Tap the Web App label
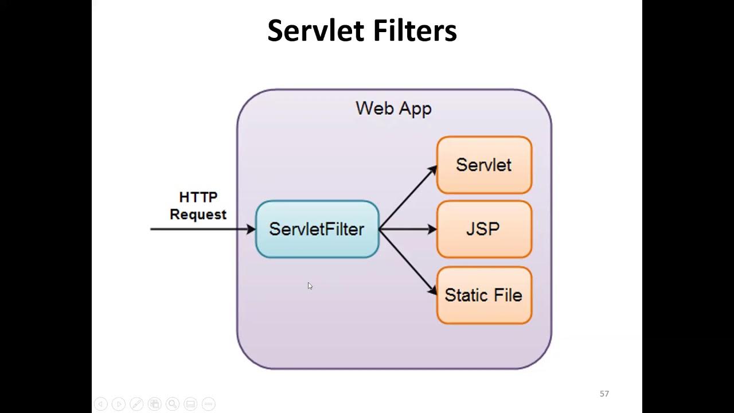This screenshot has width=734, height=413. pos(393,108)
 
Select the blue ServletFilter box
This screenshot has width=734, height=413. pos(317,229)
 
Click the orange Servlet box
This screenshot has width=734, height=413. pos(484,165)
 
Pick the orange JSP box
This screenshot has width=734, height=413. pos(484,229)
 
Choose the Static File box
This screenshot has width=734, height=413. pos(484,295)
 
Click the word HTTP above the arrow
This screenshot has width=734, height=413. pos(198,197)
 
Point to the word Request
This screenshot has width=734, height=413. pos(198,215)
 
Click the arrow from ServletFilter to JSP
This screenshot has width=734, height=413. pos(407,229)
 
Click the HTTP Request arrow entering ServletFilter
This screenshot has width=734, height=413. pos(201,229)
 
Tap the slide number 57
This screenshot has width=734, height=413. pos(604,393)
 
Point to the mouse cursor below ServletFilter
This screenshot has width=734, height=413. pos(310,286)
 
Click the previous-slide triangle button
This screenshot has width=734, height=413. pos(100,404)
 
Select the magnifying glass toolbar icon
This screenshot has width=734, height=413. pos(173,404)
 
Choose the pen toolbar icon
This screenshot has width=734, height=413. pos(136,404)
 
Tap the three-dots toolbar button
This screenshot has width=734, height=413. pos(209,404)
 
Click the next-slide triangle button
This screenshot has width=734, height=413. pos(119,404)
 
